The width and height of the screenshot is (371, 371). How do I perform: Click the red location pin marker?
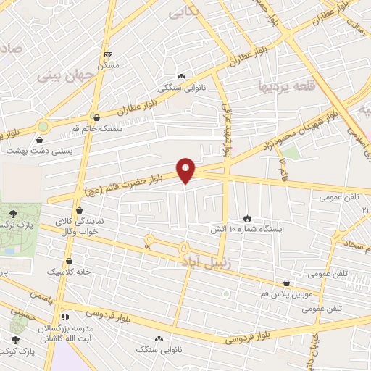186,170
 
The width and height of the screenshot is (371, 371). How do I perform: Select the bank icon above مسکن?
108,54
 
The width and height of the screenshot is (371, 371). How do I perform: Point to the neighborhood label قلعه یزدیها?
288,87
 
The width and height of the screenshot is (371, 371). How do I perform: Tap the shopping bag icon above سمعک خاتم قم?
96,117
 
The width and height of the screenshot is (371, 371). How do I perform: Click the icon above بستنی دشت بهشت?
41,140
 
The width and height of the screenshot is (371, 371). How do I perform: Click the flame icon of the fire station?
248,217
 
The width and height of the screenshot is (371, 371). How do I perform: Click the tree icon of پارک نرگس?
14,213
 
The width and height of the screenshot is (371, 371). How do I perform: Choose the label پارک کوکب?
17,351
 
